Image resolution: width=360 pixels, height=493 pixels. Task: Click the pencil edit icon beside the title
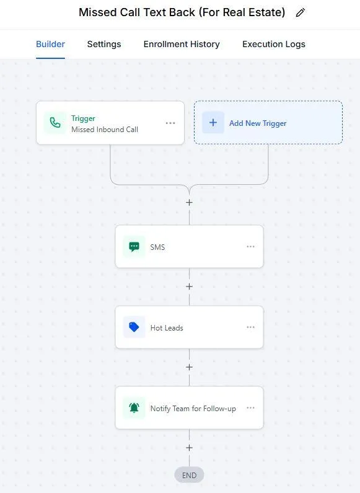coord(301,12)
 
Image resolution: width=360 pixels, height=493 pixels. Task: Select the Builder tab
coord(50,44)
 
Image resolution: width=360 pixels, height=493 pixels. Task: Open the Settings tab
coord(104,44)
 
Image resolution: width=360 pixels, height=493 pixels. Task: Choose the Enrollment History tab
coord(182,44)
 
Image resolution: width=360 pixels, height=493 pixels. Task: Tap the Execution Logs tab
coord(274,44)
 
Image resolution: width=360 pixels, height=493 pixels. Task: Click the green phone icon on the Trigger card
coord(55,123)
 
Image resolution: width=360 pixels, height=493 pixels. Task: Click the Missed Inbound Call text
coord(105,130)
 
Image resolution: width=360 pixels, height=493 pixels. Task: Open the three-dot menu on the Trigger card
coord(170,123)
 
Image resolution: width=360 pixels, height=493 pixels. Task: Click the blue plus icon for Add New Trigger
coord(213,123)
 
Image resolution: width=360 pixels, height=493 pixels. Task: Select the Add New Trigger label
coord(258,123)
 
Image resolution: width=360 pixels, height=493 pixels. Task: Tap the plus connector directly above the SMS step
coord(189,203)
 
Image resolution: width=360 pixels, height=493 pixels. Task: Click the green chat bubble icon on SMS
coord(134,247)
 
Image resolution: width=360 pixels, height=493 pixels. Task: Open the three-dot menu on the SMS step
coord(250,247)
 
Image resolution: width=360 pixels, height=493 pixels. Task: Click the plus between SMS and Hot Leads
coord(189,286)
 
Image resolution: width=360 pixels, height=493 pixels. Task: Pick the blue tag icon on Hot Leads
coord(134,327)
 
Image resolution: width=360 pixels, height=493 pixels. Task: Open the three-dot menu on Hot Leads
coord(250,327)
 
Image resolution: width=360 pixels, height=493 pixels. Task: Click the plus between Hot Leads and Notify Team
coord(189,367)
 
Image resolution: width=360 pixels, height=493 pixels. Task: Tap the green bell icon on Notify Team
coord(134,408)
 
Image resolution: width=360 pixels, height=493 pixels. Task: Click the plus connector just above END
coord(189,448)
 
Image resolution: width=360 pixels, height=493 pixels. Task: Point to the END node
coord(189,475)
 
